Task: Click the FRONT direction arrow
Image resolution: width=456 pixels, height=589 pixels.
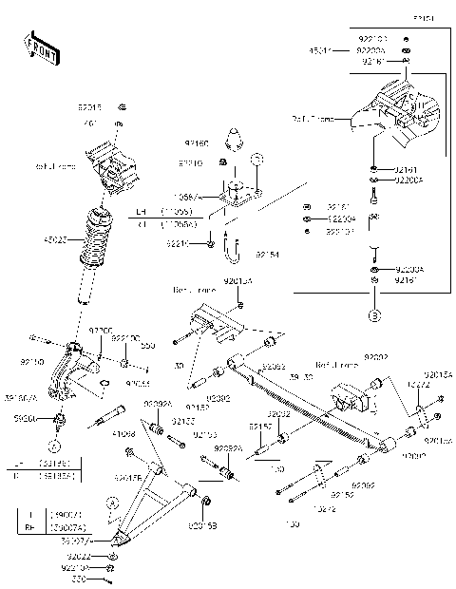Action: [40, 47]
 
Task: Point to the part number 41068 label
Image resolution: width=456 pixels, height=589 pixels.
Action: [123, 434]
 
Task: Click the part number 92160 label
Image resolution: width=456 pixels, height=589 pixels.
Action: [196, 143]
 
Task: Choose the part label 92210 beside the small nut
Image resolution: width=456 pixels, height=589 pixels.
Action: [178, 244]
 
